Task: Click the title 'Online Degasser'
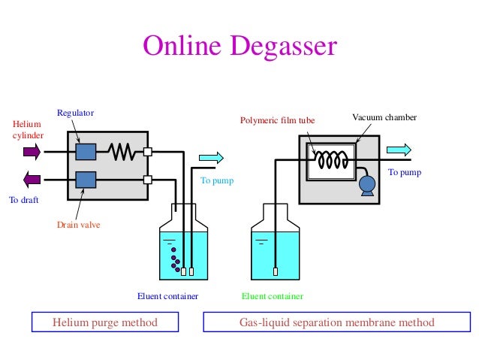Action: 240,47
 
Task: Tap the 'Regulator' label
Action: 75,113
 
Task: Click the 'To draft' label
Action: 23,201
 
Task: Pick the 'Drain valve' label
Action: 79,224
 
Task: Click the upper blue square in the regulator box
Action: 86,151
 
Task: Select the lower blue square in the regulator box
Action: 86,180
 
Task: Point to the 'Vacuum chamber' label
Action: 384,118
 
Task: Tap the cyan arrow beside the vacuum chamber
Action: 399,148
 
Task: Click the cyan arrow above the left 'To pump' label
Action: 212,157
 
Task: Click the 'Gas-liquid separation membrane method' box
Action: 336,322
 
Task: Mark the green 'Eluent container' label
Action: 272,296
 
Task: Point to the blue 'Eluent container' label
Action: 167,296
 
